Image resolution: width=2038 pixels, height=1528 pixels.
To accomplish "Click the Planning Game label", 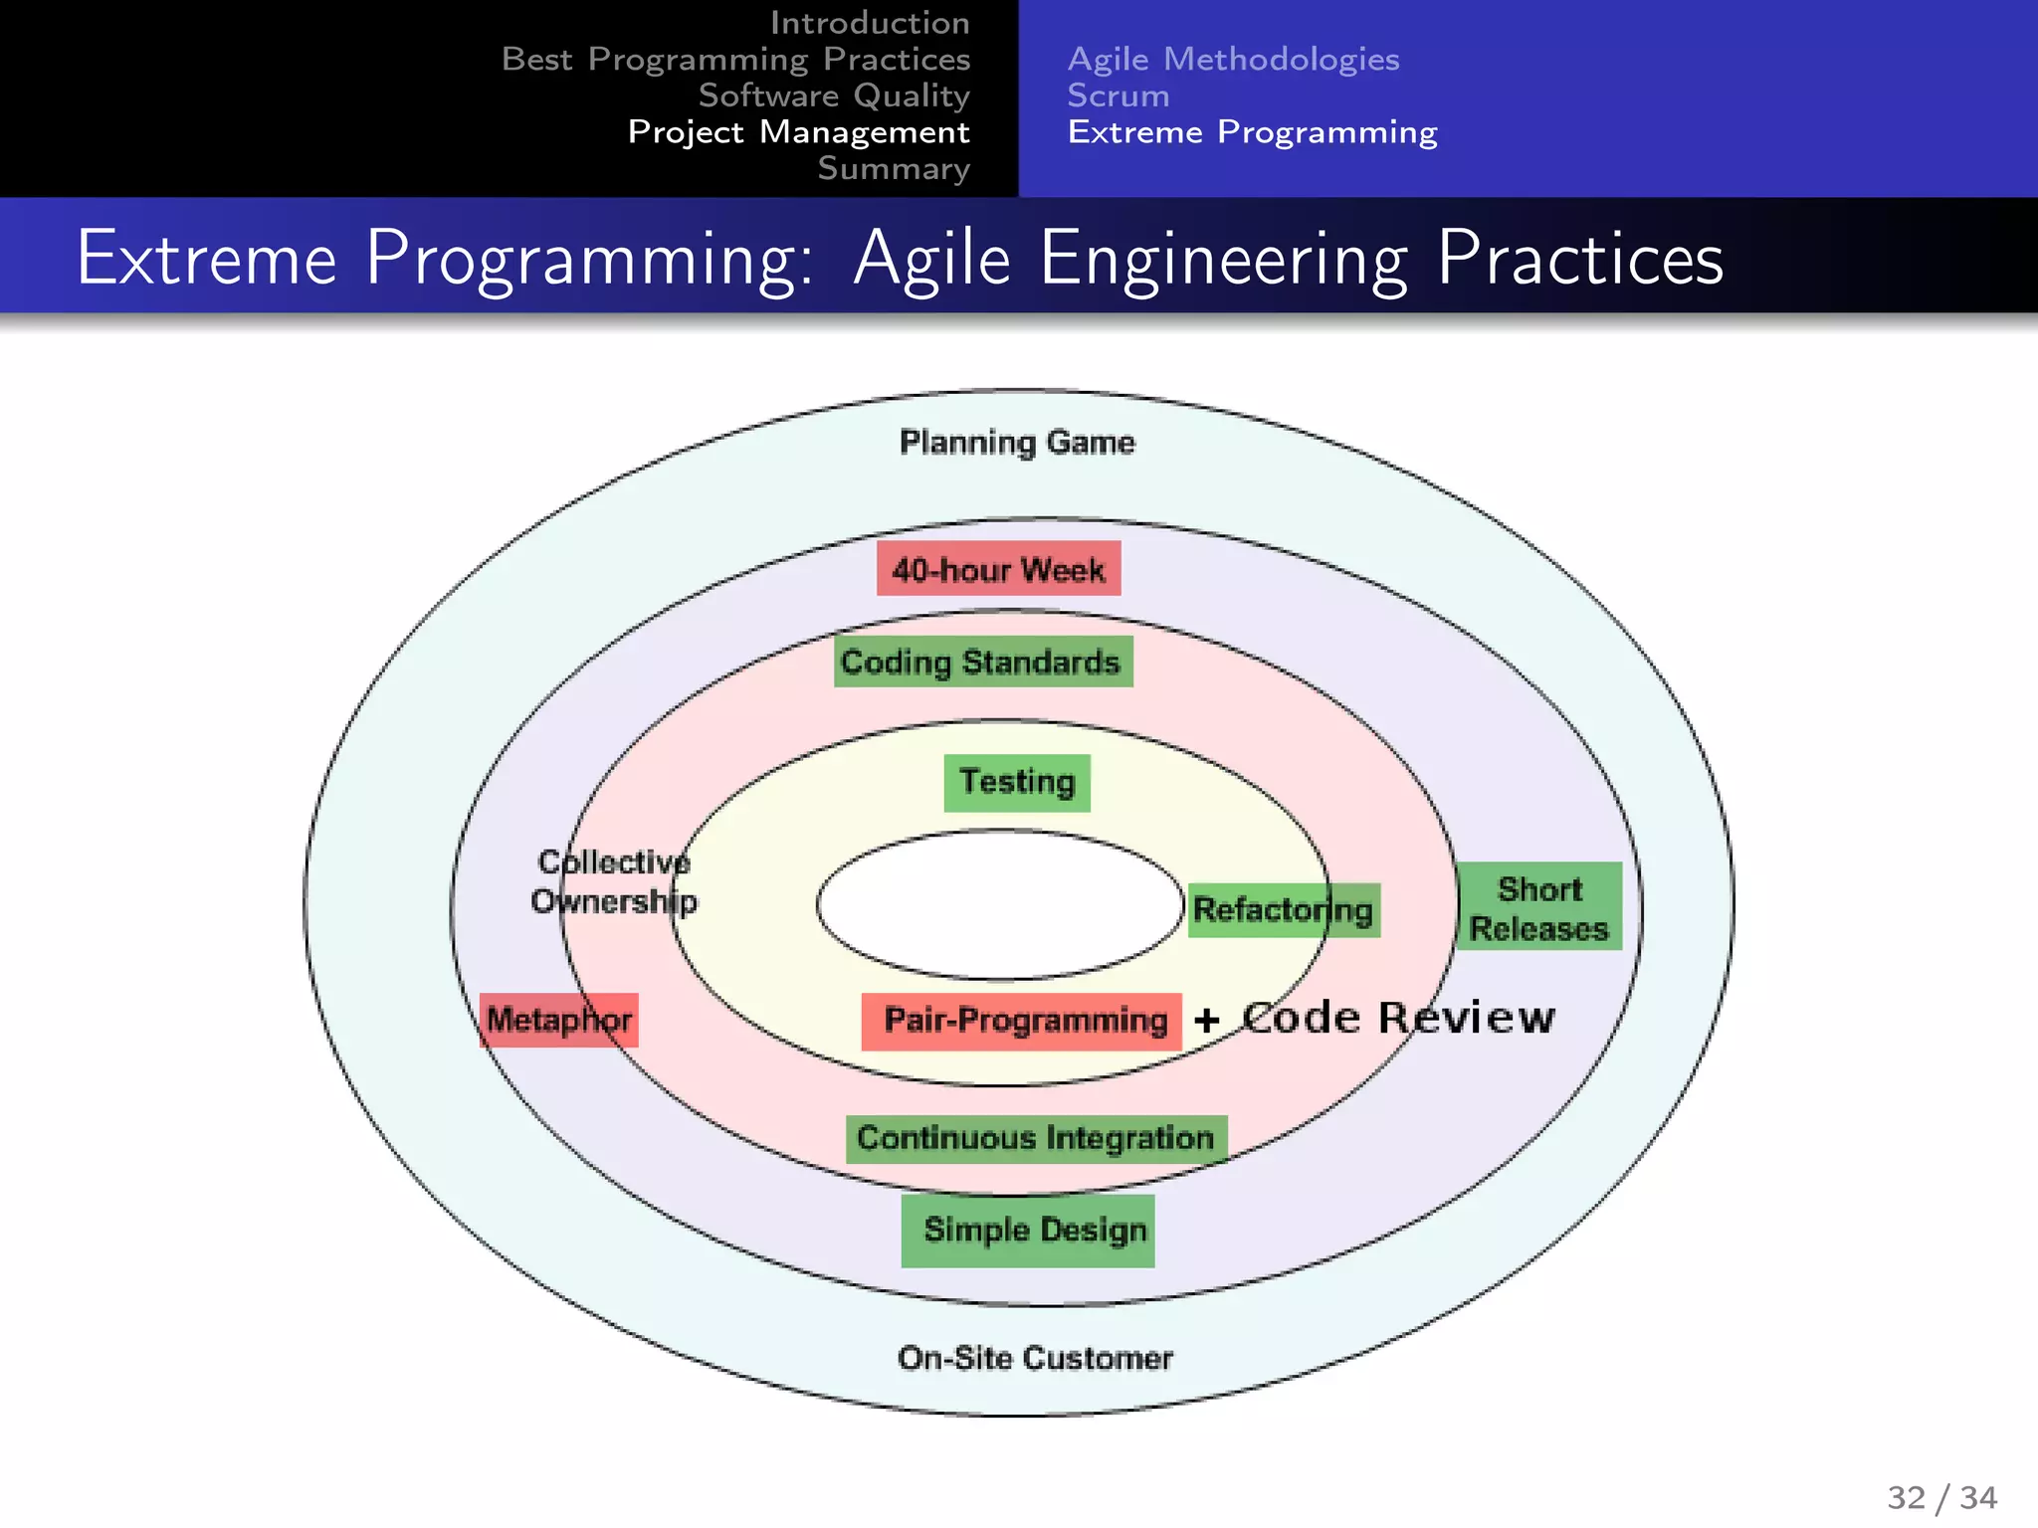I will click(1017, 442).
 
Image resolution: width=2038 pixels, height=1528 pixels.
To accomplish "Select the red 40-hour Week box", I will click(998, 569).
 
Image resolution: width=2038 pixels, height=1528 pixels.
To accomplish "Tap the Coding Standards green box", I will click(982, 662).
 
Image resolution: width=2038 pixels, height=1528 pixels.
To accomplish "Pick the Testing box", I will click(1017, 782).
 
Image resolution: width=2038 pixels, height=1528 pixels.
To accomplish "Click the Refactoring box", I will click(1284, 909).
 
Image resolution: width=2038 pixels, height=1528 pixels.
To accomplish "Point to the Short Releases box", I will click(1538, 907).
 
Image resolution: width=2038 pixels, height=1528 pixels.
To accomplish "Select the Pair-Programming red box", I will click(1022, 1021).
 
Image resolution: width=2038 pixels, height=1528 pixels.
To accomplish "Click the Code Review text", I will click(1398, 1018).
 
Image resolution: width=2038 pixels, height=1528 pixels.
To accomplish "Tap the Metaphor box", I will click(558, 1020).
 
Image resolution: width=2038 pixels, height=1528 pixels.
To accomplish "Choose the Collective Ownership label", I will click(614, 881).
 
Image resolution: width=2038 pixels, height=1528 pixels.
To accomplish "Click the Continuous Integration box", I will click(1036, 1138).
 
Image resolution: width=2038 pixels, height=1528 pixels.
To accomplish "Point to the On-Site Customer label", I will click(1035, 1358).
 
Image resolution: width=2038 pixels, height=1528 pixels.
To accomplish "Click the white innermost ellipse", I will click(998, 905).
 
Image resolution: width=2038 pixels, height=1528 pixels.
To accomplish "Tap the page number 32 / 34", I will click(1941, 1497).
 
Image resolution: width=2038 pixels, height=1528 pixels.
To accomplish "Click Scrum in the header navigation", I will click(1118, 95).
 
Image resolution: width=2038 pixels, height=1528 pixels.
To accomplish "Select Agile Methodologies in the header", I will click(1233, 59).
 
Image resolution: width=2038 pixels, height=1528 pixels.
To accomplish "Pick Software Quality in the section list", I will click(834, 95).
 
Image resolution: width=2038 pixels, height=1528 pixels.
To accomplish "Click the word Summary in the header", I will click(893, 168).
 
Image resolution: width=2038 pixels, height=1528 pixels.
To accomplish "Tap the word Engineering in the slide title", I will click(1223, 259).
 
